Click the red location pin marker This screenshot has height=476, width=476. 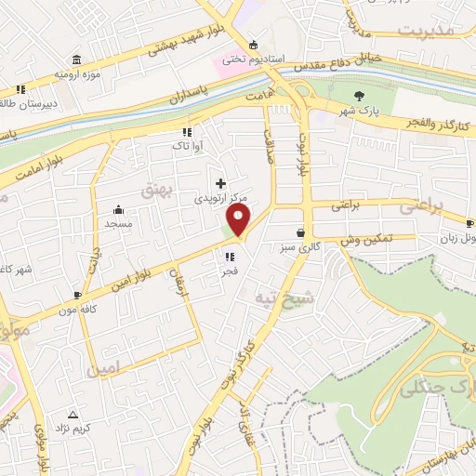click(x=239, y=221)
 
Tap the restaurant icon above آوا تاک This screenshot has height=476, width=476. click(x=186, y=132)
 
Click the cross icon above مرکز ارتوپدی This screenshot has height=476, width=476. click(x=220, y=183)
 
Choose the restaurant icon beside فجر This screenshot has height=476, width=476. click(x=229, y=258)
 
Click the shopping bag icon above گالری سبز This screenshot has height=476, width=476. click(x=300, y=233)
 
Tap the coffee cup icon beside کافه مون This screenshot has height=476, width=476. click(x=77, y=295)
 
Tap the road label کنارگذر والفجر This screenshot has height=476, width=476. click(x=433, y=124)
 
